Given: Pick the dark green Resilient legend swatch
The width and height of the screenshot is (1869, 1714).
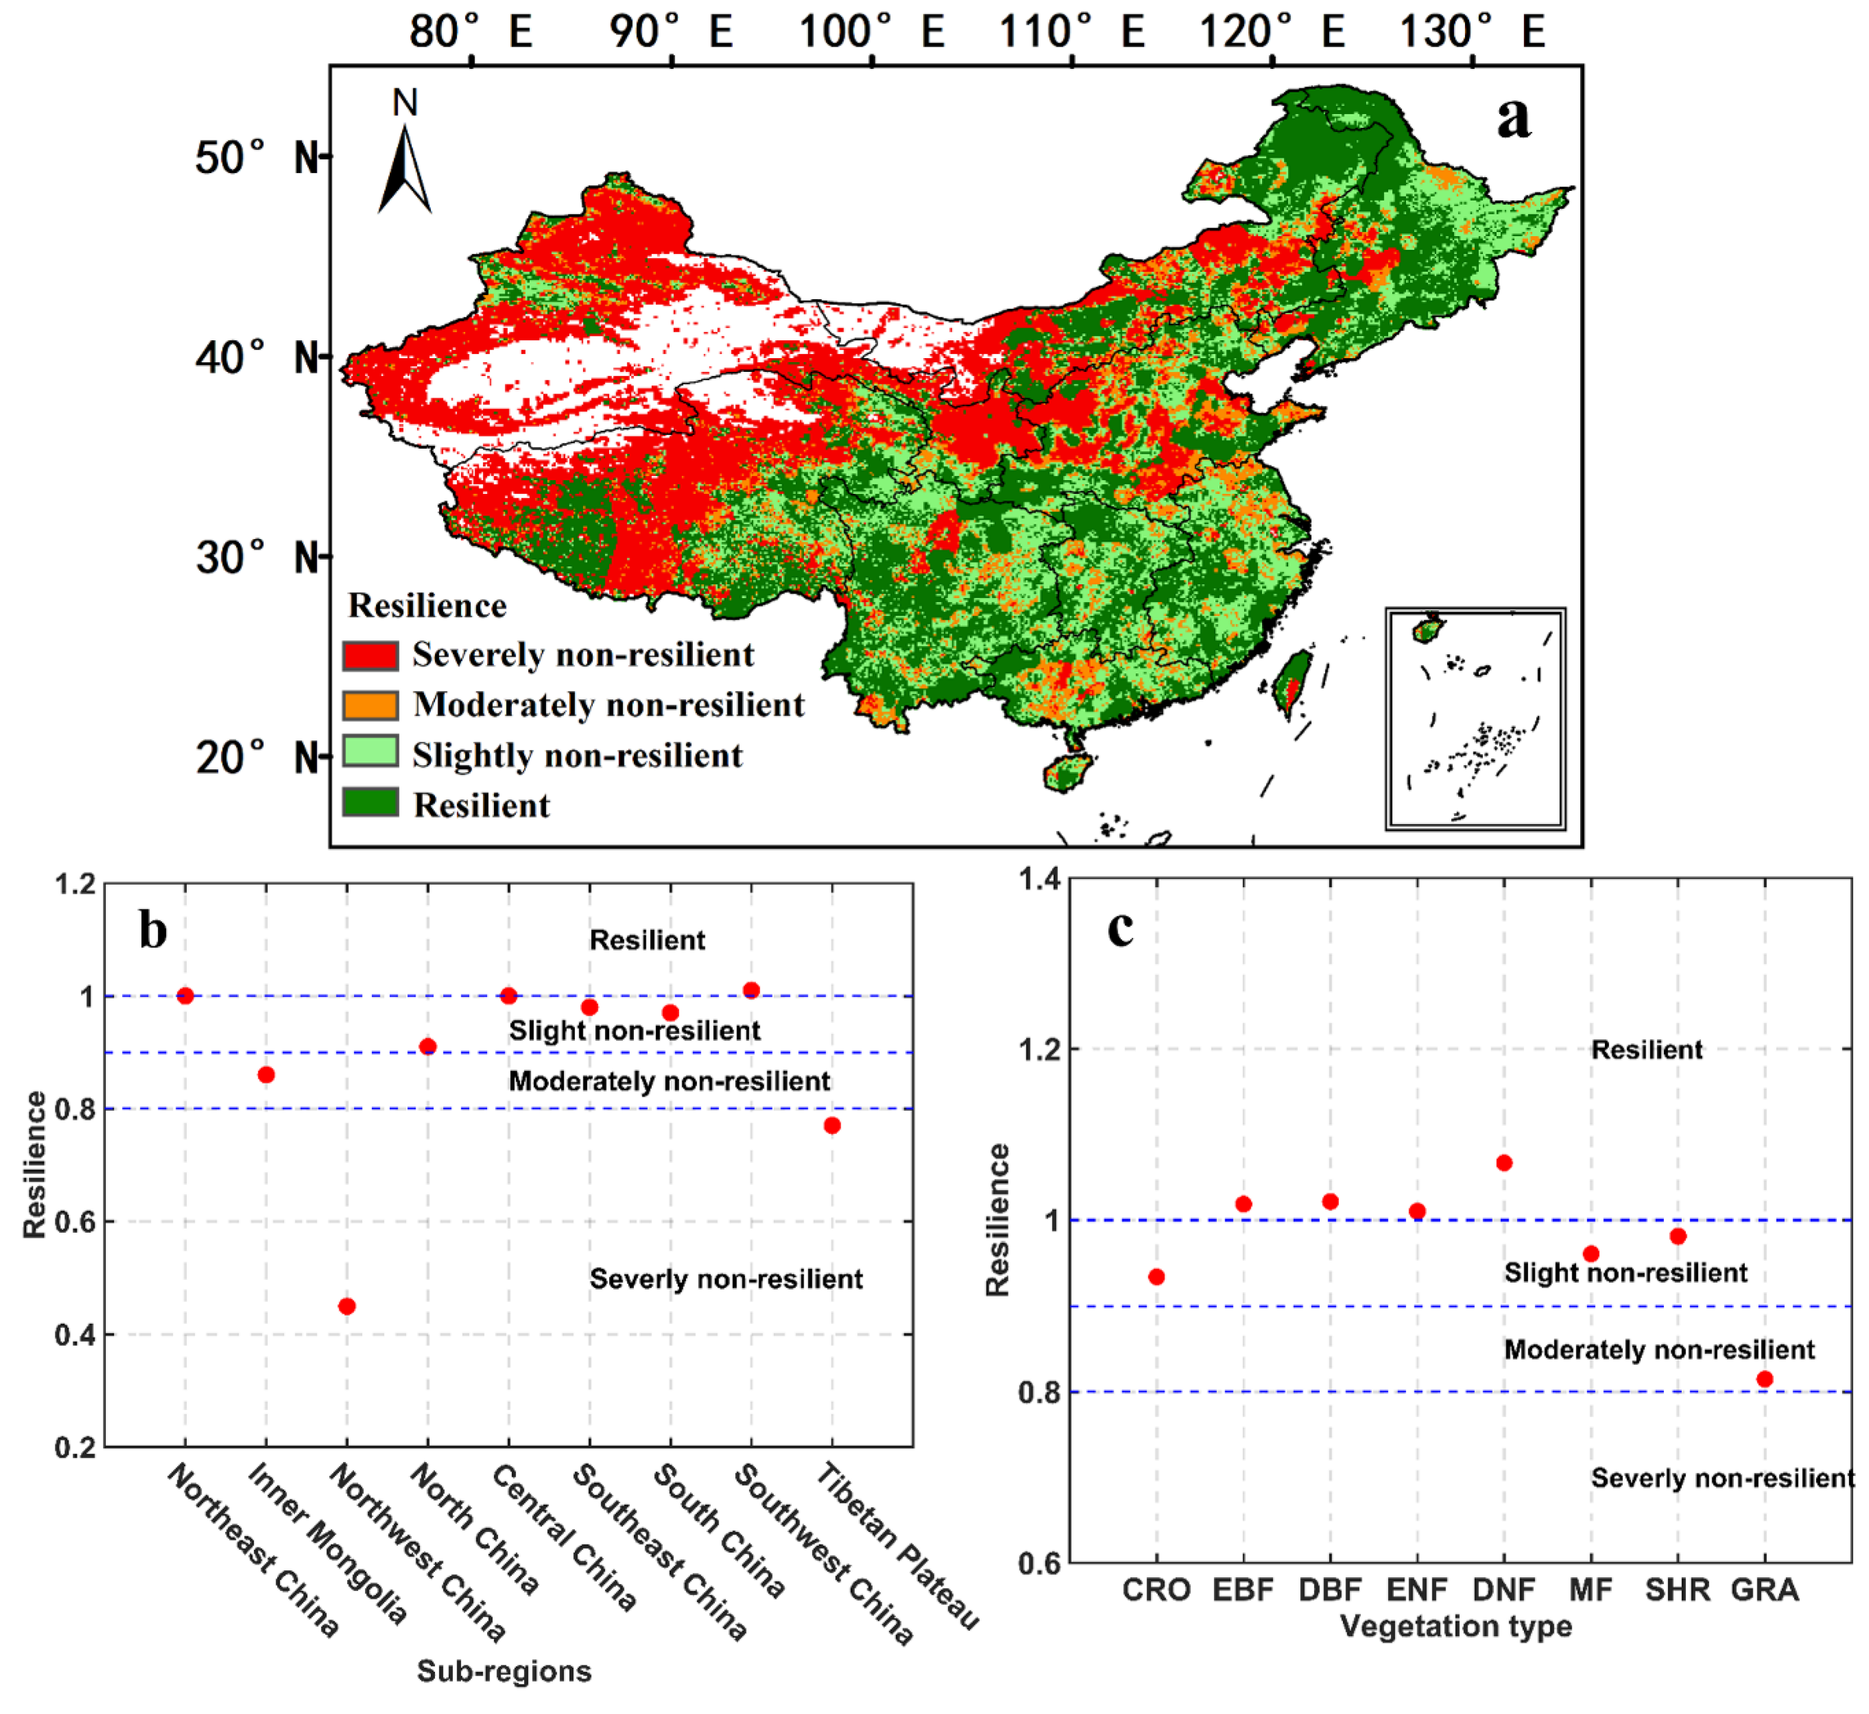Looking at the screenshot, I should coord(370,803).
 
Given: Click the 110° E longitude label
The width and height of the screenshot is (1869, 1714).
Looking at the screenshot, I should coord(1072,33).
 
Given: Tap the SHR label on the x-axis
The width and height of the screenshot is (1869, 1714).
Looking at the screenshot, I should coord(1677,1590).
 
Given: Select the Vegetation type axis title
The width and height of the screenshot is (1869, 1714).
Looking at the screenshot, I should coord(1456,1626).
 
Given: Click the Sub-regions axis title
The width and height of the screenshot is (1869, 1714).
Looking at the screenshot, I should coord(503,1670).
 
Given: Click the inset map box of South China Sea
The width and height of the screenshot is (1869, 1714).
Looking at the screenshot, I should coord(1475,719).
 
